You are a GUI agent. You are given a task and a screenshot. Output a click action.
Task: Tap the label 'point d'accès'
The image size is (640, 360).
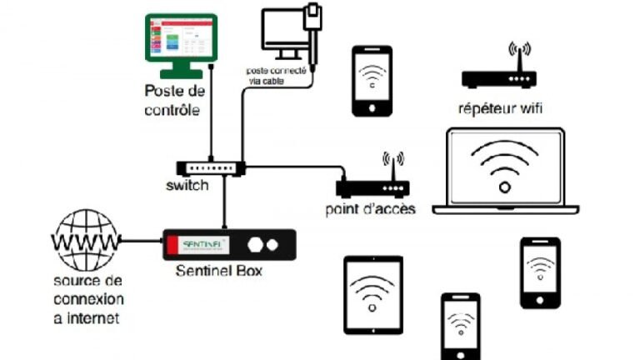pyautogui.click(x=370, y=209)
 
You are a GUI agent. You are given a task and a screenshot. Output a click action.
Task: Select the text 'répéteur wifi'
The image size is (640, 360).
pyautogui.click(x=499, y=107)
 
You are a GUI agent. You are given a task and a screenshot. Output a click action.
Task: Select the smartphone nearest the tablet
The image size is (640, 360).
pyautogui.click(x=460, y=326)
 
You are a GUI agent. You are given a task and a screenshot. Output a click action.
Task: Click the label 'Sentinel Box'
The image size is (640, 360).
pyautogui.click(x=219, y=272)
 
